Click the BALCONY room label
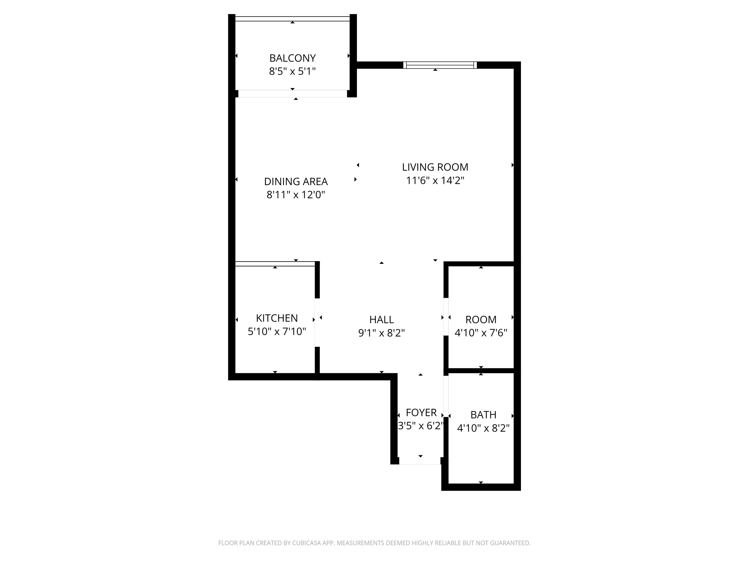pos(292,58)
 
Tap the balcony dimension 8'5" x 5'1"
pos(292,71)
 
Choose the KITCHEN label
pos(277,318)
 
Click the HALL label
pos(381,320)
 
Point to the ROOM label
pos(481,320)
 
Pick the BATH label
pos(483,415)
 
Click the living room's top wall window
pos(440,65)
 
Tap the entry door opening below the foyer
pos(420,461)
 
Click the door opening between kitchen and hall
pos(317,322)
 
